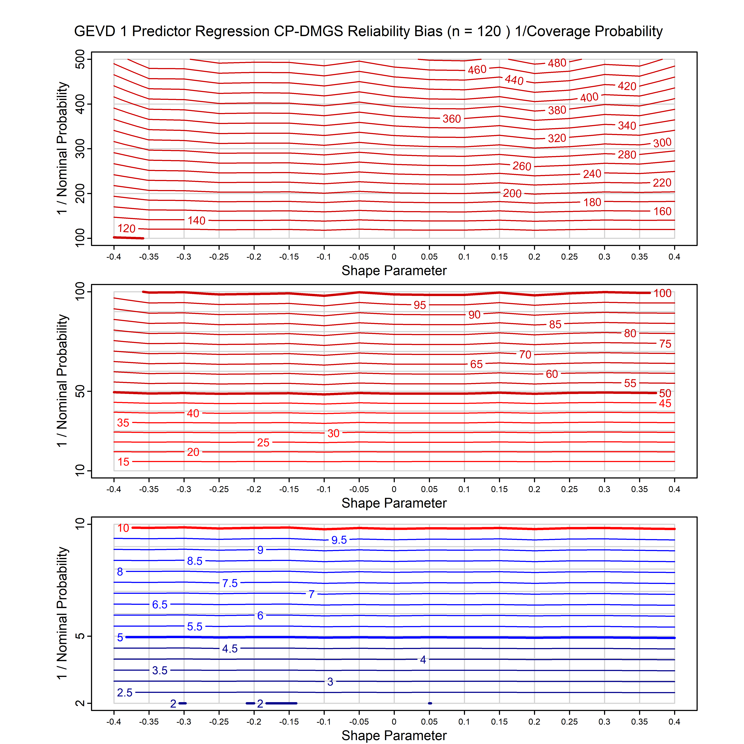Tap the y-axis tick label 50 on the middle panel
pos(80,392)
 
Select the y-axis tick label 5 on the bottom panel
pos(80,636)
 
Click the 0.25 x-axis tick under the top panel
pos(569,257)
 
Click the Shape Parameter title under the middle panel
pos(394,503)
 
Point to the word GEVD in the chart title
pos(94,31)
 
